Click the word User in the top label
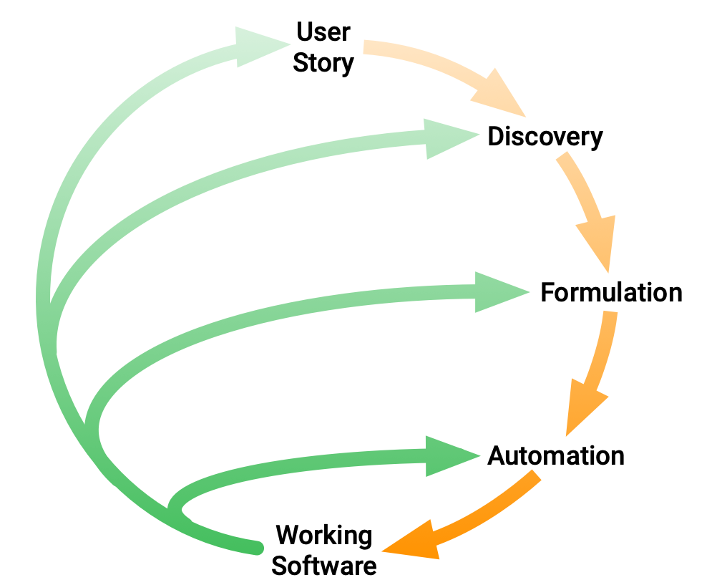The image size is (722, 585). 323,32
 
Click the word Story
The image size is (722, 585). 323,63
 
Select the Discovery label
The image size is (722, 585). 545,136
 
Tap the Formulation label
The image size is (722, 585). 611,292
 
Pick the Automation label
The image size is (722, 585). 556,455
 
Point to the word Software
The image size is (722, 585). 324,566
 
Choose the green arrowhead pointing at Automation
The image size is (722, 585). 449,455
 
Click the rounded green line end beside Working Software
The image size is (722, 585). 256,548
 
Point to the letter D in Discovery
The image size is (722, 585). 496,136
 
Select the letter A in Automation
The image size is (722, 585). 497,455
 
